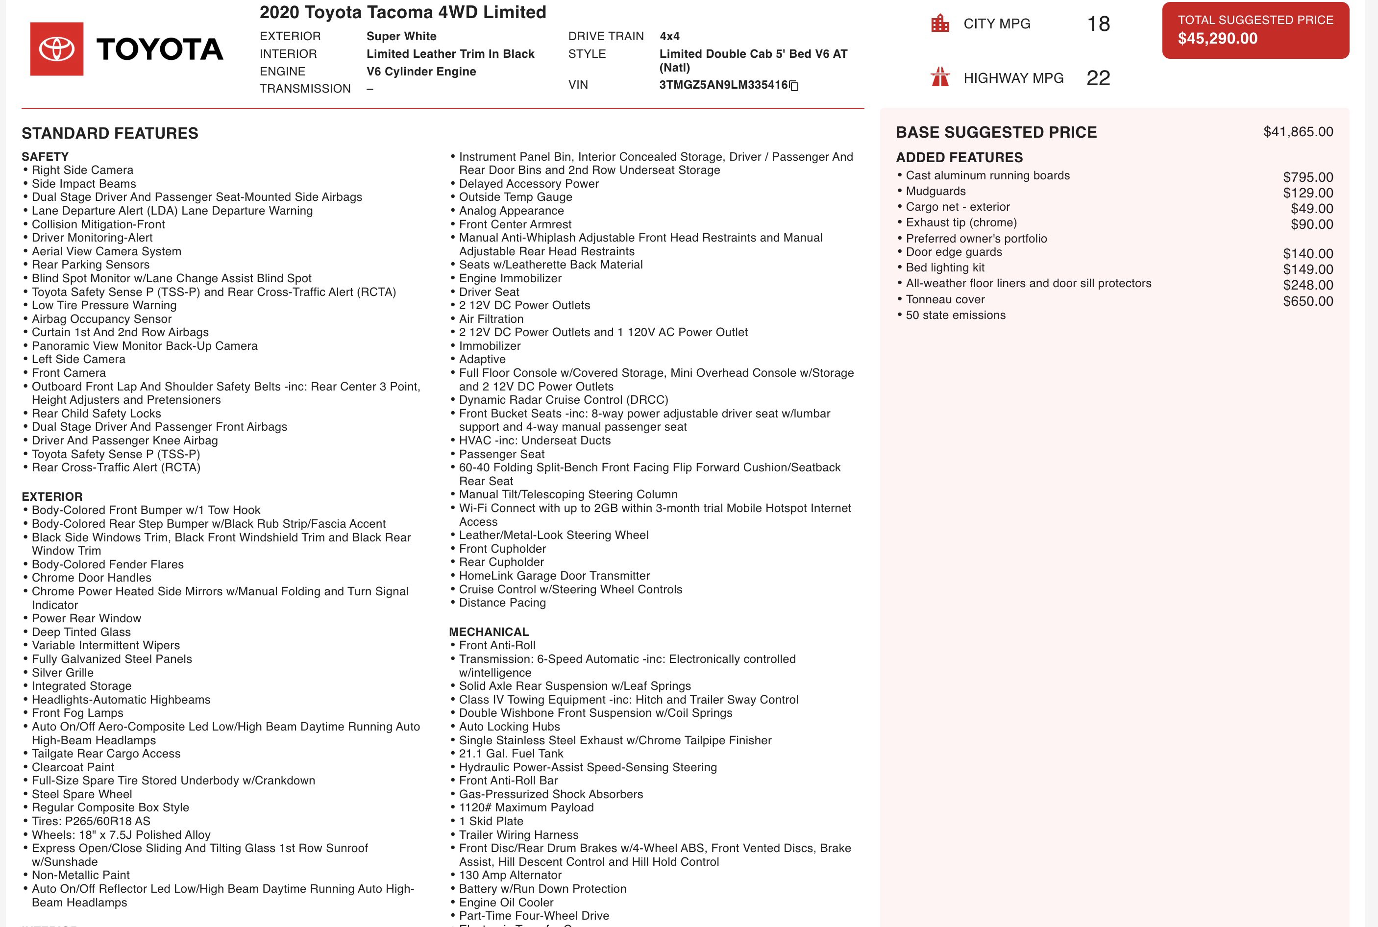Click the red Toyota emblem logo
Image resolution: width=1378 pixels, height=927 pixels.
click(x=57, y=49)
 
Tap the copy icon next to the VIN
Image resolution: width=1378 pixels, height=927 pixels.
click(x=794, y=86)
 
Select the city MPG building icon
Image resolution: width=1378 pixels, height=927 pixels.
click(x=940, y=24)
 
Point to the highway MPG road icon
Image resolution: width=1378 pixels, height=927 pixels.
click(x=940, y=77)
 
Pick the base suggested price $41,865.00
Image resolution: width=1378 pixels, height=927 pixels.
click(x=1298, y=132)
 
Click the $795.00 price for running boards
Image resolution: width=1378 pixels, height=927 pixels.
click(x=1307, y=177)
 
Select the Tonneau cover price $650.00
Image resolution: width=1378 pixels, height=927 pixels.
click(x=1307, y=301)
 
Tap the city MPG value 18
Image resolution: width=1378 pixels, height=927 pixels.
click(x=1098, y=24)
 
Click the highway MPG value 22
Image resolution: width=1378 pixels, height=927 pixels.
click(x=1098, y=78)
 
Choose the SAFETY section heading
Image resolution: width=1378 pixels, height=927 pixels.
click(x=45, y=157)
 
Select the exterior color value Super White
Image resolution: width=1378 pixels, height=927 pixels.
click(x=401, y=36)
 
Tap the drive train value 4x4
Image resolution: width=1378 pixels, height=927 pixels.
click(x=669, y=36)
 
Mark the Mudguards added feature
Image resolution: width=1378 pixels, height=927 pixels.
click(x=936, y=191)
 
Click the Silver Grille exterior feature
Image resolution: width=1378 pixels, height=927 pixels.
click(x=63, y=673)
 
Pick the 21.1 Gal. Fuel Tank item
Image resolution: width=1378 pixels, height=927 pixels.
click(x=511, y=754)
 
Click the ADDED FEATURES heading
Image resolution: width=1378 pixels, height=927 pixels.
click(x=959, y=157)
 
